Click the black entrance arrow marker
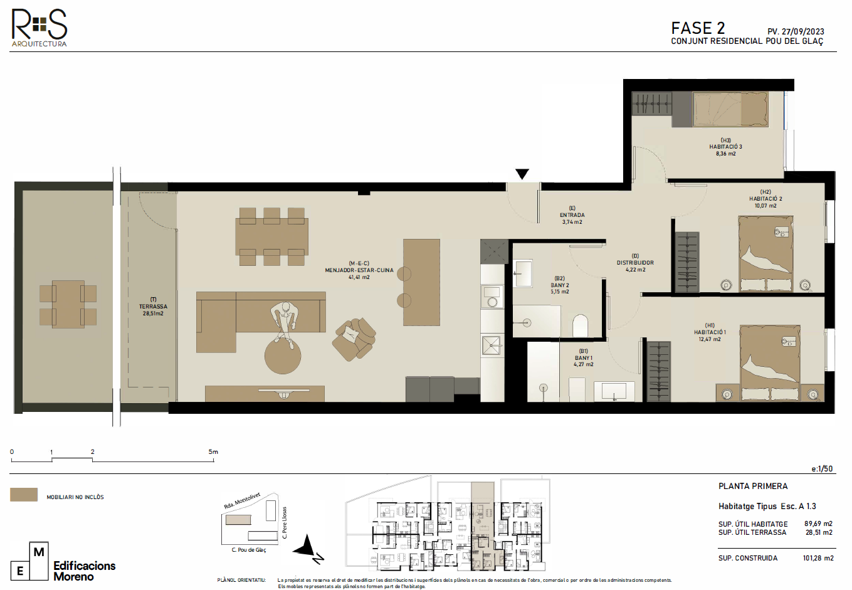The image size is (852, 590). [522, 174]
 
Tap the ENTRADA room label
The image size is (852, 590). [572, 215]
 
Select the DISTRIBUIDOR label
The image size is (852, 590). [635, 263]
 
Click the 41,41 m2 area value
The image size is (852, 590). [359, 277]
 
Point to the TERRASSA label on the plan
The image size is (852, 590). [153, 306]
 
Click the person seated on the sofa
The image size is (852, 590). [284, 324]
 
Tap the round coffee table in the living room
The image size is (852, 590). [283, 356]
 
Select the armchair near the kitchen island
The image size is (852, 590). [354, 339]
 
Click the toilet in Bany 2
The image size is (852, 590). [580, 325]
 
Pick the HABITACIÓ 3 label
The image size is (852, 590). [725, 147]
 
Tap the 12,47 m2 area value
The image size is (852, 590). [709, 339]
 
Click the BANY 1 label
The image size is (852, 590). [584, 358]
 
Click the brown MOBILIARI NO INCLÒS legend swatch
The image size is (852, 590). [24, 495]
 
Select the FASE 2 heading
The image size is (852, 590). [698, 28]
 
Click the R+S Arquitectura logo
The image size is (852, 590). [39, 28]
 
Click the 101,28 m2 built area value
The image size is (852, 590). [818, 558]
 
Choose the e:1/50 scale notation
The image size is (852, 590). [822, 469]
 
